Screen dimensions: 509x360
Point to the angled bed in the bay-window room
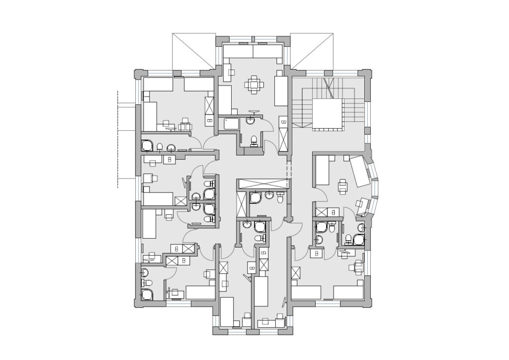click(360, 171)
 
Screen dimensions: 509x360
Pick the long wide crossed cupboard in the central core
click(262, 183)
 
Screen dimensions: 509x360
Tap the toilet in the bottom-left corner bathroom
click(145, 282)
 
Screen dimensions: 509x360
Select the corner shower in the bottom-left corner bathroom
click(147, 294)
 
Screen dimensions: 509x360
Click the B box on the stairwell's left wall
click(283, 122)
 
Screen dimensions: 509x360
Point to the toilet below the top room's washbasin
click(254, 140)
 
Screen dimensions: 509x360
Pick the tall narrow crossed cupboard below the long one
click(242, 204)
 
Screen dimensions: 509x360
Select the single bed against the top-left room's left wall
click(150, 116)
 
